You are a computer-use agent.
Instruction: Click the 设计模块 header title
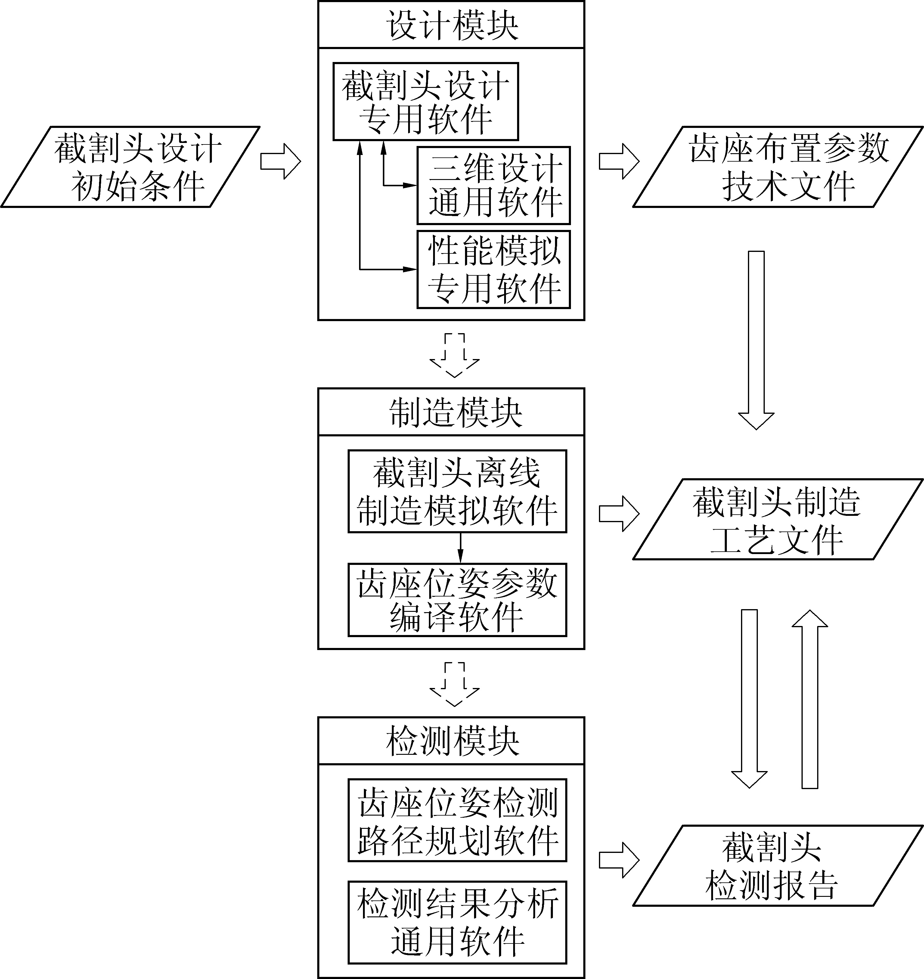[451, 25]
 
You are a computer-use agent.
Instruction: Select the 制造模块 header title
[451, 412]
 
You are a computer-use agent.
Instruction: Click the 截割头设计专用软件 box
[426, 101]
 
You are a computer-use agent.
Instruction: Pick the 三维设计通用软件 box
[494, 185]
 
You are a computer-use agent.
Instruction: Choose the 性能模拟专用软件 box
[494, 269]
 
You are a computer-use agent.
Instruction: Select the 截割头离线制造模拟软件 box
[457, 491]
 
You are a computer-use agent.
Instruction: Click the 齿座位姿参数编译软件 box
[457, 600]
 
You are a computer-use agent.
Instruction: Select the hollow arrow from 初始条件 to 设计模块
[280, 161]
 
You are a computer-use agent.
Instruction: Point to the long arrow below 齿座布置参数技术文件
[756, 340]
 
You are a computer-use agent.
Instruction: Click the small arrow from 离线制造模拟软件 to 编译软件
[460, 548]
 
